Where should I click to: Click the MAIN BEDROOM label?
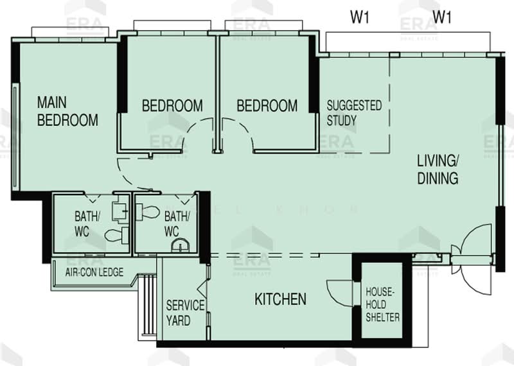[x=67, y=111]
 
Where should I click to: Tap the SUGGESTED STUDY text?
[x=354, y=112]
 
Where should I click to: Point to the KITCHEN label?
[x=280, y=299]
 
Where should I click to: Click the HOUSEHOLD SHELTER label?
[x=382, y=304]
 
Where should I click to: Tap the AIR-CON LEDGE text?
[x=94, y=272]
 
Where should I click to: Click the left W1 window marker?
[x=360, y=17]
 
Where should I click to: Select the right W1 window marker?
[x=442, y=17]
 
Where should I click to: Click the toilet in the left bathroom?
[x=116, y=234]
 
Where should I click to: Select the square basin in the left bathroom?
[x=118, y=209]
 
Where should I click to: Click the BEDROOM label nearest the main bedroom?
[x=172, y=105]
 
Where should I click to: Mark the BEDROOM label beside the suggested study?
[x=267, y=105]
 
